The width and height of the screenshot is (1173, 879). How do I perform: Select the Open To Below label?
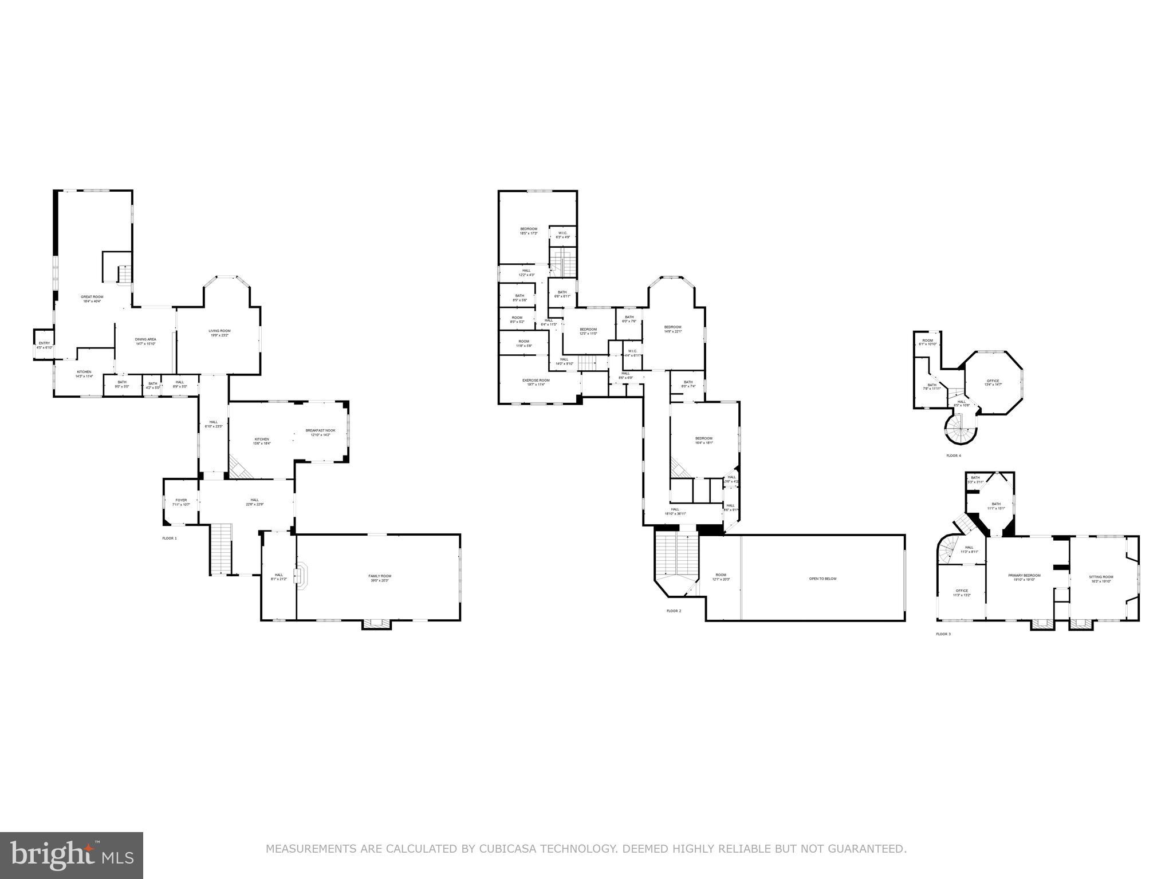(x=822, y=579)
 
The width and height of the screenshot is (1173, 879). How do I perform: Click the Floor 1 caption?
(x=170, y=539)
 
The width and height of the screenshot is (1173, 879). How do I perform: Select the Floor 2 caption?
(x=674, y=611)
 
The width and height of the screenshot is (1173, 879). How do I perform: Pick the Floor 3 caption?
(x=943, y=634)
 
